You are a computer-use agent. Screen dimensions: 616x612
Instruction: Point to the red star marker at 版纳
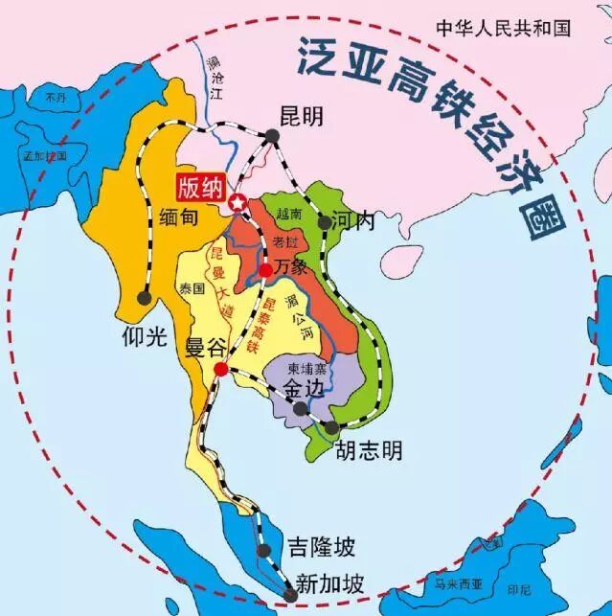(x=237, y=202)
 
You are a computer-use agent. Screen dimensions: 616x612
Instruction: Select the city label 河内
(x=356, y=220)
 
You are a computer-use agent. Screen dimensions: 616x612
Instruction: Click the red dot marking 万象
(x=265, y=270)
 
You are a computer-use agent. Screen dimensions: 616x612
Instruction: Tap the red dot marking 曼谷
(x=221, y=369)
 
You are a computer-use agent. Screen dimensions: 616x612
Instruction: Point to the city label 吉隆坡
(x=321, y=548)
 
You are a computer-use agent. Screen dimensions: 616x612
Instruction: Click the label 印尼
(x=545, y=590)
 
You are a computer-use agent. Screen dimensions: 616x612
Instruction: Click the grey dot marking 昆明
(x=272, y=136)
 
